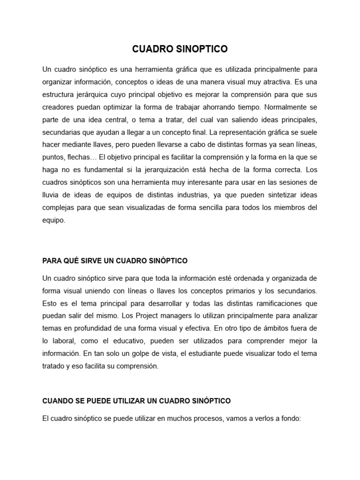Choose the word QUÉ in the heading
(x=68, y=260)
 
